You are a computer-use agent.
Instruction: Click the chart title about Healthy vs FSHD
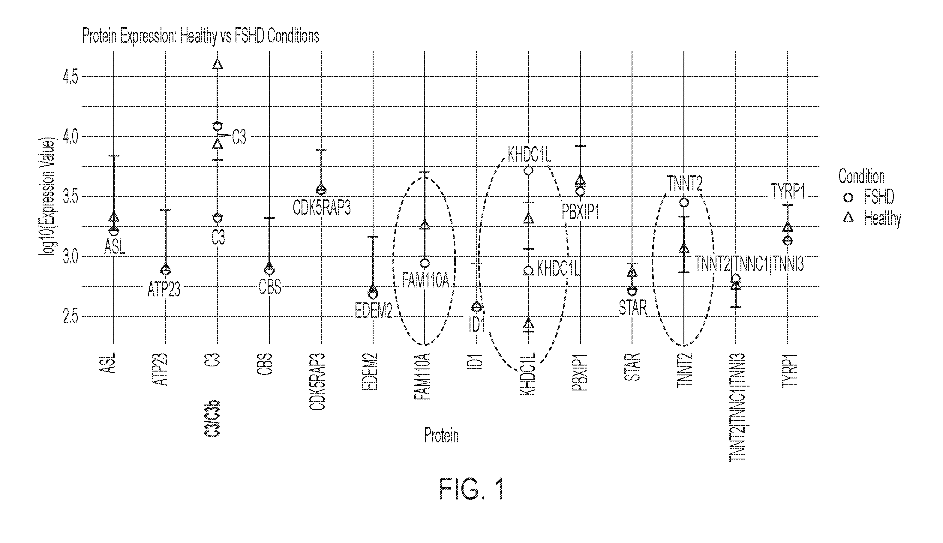pos(200,37)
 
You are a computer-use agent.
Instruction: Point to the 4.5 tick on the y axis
pos(71,77)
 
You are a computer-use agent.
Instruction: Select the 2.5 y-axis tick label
pos(71,317)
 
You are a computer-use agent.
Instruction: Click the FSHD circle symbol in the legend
pos(848,197)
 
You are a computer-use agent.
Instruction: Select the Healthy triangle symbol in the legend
pos(848,218)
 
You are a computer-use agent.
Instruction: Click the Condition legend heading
pos(861,176)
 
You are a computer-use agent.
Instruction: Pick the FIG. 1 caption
pos(472,489)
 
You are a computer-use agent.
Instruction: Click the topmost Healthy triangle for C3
pos(218,64)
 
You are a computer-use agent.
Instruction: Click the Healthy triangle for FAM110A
pos(425,225)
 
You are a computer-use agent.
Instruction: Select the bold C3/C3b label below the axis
pos(212,418)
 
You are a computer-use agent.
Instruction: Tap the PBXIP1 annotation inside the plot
pos(580,213)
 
